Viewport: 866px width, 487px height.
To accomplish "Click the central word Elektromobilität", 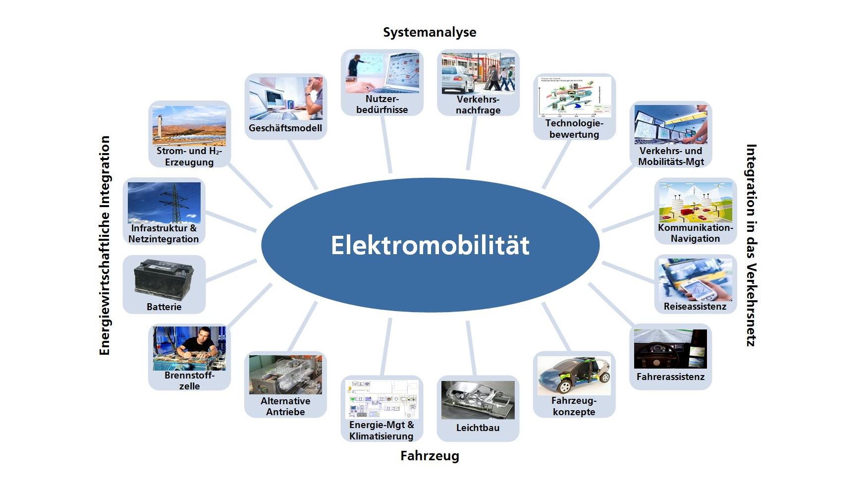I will coord(430,245).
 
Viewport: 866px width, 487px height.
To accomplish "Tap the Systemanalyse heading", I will coord(430,33).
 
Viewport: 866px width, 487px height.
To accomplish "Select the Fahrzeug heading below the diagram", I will coord(430,456).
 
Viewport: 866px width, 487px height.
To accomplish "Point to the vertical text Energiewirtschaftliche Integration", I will coord(105,245).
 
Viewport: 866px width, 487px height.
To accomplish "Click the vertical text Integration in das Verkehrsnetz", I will coord(751,245).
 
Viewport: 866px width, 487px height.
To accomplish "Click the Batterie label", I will coord(164,307).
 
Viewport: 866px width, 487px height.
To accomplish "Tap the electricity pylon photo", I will coord(164,202).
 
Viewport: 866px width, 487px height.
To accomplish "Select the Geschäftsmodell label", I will coord(285,128).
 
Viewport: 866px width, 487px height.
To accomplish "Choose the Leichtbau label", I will coord(478,428).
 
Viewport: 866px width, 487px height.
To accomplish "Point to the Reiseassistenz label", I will coord(695,307).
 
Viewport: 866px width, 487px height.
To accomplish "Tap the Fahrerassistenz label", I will coord(670,377).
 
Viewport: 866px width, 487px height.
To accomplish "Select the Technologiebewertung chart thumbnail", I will coord(574,97).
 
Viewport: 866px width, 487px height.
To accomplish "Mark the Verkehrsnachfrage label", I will coord(478,105).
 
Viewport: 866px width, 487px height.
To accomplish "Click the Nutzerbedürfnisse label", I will coord(382,105).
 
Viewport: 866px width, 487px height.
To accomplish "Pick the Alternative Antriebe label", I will coord(285,407).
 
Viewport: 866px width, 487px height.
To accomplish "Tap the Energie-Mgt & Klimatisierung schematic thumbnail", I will coord(382,399).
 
